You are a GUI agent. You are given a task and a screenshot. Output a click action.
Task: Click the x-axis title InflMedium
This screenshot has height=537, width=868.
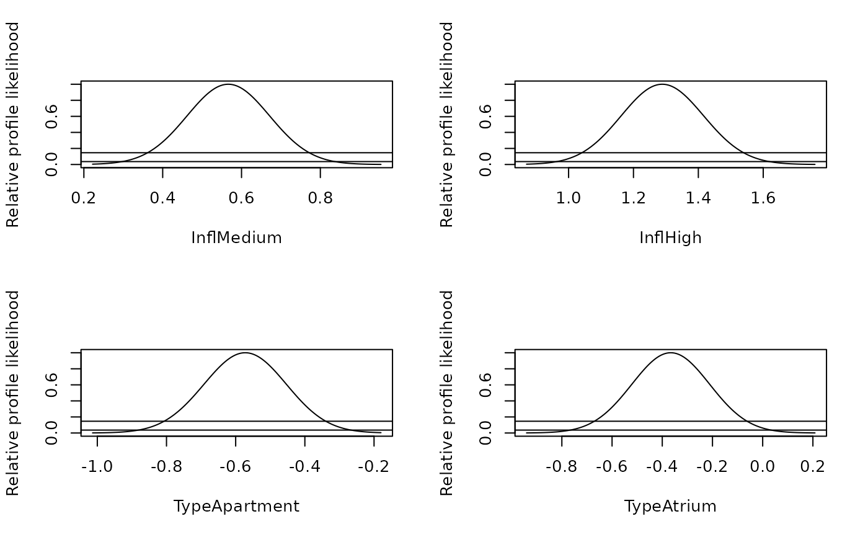coord(236,237)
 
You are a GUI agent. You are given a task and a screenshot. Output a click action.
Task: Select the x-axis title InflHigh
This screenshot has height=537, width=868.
coord(670,238)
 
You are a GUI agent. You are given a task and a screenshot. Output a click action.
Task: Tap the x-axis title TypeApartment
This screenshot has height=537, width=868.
coord(236,507)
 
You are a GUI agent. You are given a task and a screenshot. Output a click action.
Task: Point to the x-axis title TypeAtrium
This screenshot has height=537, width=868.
coord(670,507)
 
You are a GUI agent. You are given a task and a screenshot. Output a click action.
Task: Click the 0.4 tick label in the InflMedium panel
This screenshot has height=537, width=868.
coord(162,198)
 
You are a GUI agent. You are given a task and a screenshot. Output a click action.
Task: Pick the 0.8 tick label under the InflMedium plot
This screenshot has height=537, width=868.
coord(320,198)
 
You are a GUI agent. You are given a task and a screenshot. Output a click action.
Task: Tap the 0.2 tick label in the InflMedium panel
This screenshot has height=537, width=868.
coord(83,198)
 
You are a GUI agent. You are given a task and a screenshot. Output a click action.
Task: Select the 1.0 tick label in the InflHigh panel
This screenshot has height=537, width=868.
coord(568,198)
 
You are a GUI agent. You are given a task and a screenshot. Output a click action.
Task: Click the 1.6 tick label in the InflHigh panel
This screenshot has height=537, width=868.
coord(763,198)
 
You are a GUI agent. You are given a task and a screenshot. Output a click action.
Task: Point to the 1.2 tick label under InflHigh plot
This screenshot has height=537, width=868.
coord(633,198)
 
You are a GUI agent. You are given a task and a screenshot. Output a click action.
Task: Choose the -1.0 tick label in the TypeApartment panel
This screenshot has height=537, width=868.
coord(97,466)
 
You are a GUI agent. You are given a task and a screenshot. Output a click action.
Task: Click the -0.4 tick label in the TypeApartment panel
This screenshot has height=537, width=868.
coord(304,466)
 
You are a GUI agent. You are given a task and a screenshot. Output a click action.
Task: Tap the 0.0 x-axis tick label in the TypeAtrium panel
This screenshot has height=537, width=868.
coord(762,466)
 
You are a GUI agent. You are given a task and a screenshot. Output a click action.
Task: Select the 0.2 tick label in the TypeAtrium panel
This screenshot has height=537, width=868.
coord(813,466)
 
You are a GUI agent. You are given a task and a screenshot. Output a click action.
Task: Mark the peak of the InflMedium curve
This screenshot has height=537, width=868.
coord(228,84)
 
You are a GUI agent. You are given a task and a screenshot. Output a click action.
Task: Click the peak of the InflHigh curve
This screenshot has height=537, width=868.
coord(662,84)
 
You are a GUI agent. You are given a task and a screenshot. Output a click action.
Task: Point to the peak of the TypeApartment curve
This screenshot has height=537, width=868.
coord(245,353)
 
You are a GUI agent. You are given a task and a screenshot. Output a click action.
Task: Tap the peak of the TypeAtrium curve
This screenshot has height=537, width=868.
coord(670,353)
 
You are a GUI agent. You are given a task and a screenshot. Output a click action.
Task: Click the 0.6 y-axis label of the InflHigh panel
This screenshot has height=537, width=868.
coord(485,116)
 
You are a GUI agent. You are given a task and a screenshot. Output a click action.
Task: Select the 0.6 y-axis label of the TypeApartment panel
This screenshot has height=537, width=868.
coord(51,384)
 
